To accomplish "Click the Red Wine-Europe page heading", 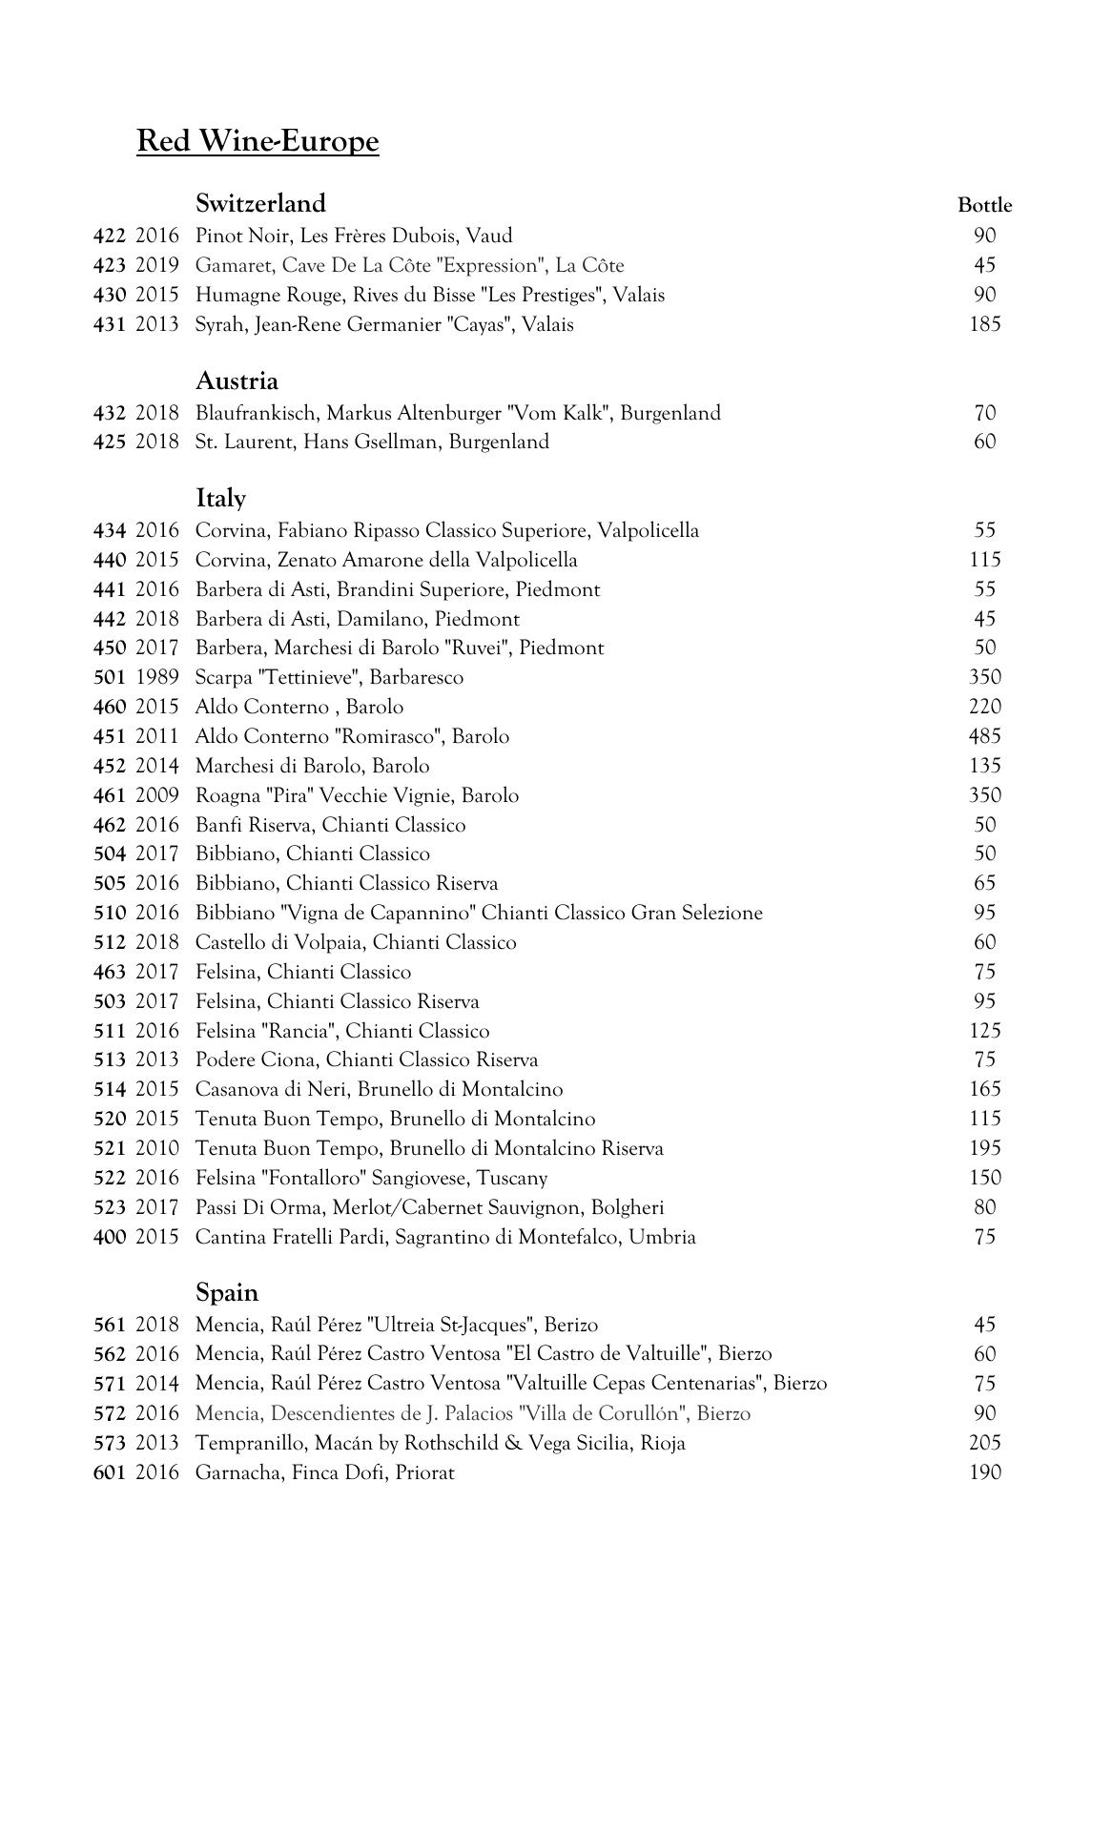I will click(x=257, y=141).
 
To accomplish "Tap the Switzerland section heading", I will click(x=260, y=203).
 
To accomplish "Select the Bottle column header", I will click(x=984, y=205).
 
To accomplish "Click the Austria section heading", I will click(x=237, y=381).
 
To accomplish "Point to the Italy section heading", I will click(x=220, y=499).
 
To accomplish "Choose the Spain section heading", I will click(x=227, y=1293).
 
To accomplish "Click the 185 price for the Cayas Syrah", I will click(x=984, y=324).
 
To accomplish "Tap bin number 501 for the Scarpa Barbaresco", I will click(x=110, y=677).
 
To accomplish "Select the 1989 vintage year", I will click(x=156, y=677).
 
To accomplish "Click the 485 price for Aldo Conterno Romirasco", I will click(x=984, y=736).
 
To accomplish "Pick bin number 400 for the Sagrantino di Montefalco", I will click(x=110, y=1237).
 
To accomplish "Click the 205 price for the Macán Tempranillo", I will click(x=984, y=1443).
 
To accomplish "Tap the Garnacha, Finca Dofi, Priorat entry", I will click(x=324, y=1472).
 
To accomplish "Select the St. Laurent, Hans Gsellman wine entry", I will click(x=372, y=442).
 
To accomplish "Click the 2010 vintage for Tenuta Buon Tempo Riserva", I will click(x=156, y=1148).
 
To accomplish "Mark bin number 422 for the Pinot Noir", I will click(x=110, y=236).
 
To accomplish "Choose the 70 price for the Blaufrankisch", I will click(x=984, y=413).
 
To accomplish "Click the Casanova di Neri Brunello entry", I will click(x=379, y=1089).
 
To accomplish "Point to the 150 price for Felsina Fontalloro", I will click(x=984, y=1178).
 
